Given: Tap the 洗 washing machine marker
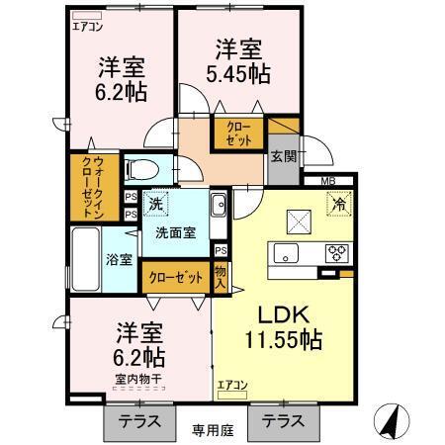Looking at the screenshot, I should coord(156,204).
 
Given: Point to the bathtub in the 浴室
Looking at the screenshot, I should coord(85,259).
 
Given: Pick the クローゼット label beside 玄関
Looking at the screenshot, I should coord(238,133).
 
